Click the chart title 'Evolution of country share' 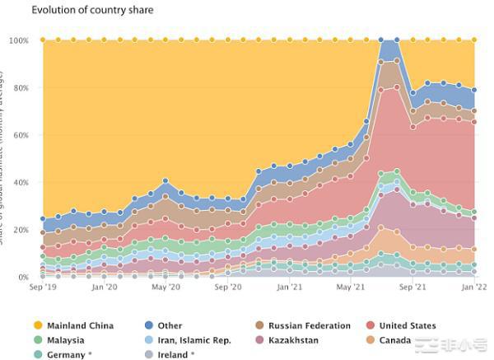(x=81, y=10)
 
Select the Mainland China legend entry (x=78, y=325)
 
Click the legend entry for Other (x=170, y=325)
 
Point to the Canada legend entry (x=395, y=339)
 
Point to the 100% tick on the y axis (x=19, y=40)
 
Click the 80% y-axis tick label (x=21, y=87)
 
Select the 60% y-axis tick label (x=21, y=135)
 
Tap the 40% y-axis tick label (x=21, y=182)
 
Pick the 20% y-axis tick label (x=21, y=230)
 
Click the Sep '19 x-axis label (x=42, y=288)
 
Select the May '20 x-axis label (x=166, y=288)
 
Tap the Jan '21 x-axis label (x=289, y=288)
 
